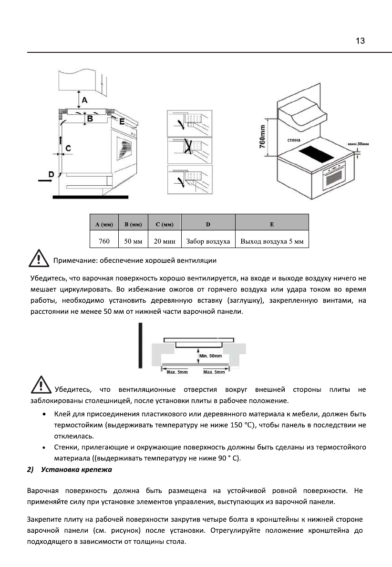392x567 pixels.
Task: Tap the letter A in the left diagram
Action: (84, 100)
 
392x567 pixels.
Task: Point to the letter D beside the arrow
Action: (51, 174)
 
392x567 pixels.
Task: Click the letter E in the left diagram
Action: (122, 122)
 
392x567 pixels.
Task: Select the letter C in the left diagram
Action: (68, 149)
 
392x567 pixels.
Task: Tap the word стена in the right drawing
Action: (294, 141)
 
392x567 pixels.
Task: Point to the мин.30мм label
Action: (358, 144)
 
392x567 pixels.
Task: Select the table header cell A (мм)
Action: (103, 223)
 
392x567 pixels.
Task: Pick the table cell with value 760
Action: (103, 241)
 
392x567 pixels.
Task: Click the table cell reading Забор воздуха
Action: (208, 241)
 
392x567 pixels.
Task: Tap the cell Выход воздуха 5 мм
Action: (272, 241)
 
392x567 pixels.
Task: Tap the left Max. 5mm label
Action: (177, 371)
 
